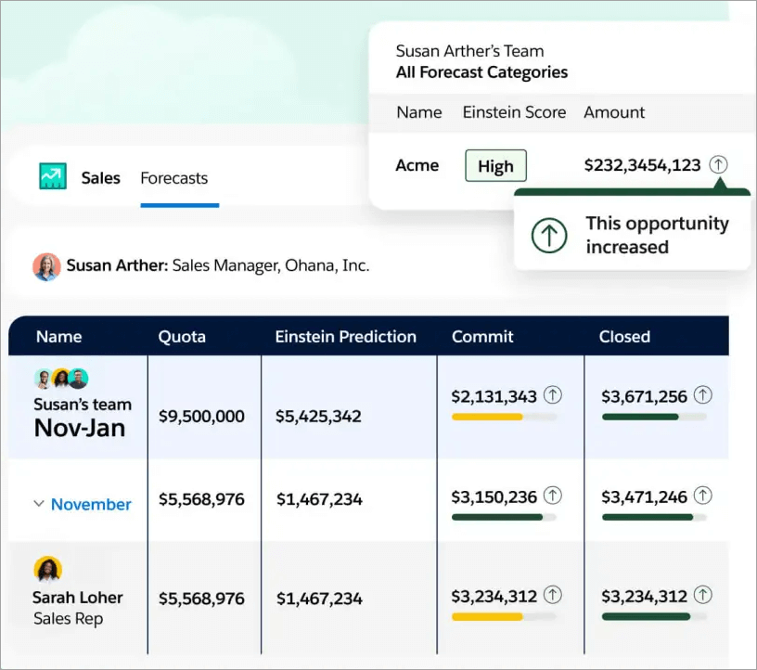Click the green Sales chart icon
(x=53, y=176)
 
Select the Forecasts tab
(x=174, y=178)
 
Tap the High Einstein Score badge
(x=495, y=166)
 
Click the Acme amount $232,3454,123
(x=642, y=165)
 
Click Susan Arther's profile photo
(x=46, y=266)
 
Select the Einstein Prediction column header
(x=345, y=337)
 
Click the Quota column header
(x=182, y=337)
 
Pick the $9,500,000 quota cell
(x=201, y=416)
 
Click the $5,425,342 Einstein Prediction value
(x=318, y=417)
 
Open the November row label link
(x=91, y=505)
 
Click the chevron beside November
(x=39, y=504)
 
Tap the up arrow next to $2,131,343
(x=553, y=396)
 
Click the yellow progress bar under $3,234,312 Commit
(x=487, y=616)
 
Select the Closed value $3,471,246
(x=644, y=497)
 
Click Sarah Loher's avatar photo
(x=47, y=569)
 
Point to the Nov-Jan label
(x=80, y=428)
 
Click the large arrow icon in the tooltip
(x=549, y=236)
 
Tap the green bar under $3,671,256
(x=640, y=418)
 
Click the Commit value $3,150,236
(x=494, y=497)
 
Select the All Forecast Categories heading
(x=481, y=72)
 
